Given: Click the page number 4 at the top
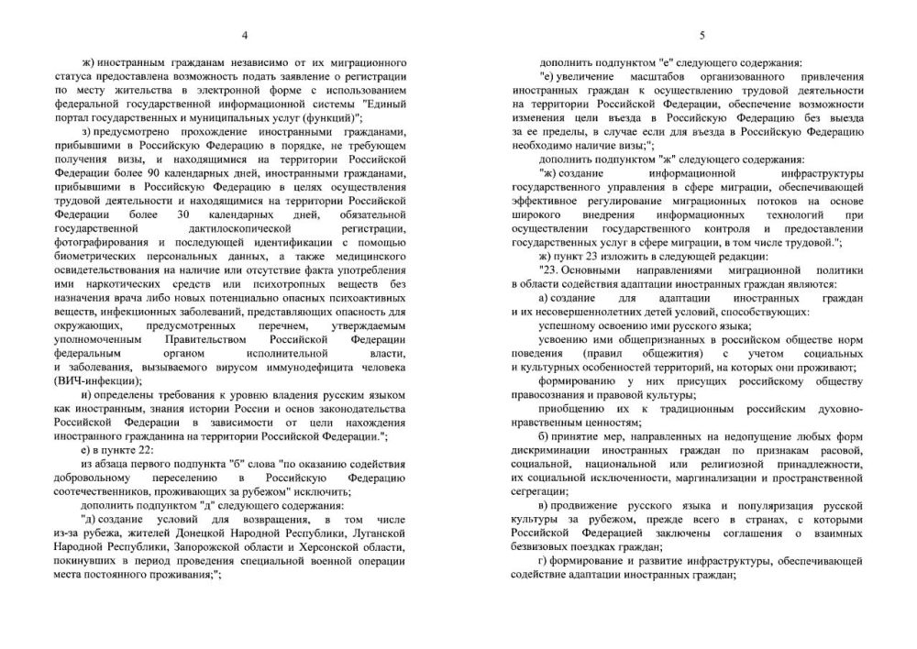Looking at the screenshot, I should point(244,36).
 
